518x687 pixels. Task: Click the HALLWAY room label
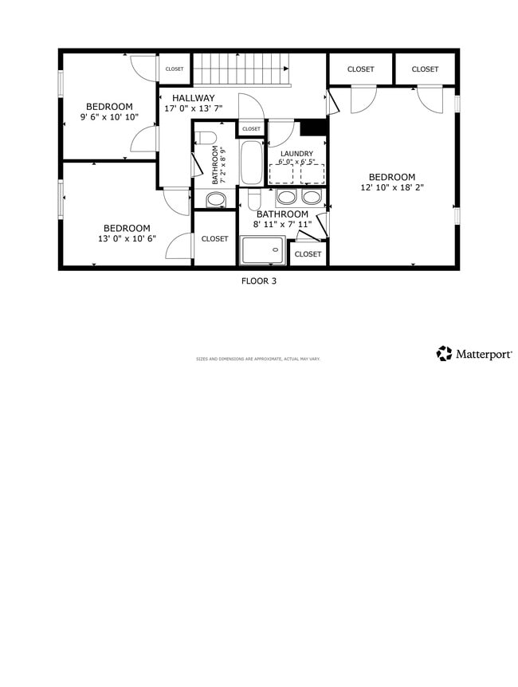click(x=194, y=98)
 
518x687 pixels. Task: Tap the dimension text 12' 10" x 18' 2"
click(x=391, y=189)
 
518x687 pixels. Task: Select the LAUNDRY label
click(x=296, y=153)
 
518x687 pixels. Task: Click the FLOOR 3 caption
click(x=259, y=281)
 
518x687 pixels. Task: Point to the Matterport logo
click(x=474, y=353)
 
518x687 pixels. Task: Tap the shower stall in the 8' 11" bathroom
click(x=263, y=250)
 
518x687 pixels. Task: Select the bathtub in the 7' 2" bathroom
click(x=250, y=163)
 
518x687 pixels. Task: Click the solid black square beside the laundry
click(x=313, y=128)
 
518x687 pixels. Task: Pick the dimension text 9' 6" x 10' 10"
click(x=109, y=117)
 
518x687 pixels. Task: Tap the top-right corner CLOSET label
click(x=425, y=69)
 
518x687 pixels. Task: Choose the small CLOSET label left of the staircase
click(x=175, y=69)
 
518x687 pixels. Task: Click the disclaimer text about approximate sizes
click(x=258, y=359)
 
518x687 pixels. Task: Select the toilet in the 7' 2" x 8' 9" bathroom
click(x=205, y=135)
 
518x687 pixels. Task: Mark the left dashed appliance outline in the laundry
click(x=281, y=174)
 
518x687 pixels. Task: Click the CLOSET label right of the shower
click(x=308, y=254)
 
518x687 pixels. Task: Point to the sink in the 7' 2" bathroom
click(x=215, y=199)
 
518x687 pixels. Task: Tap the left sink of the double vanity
click(x=287, y=197)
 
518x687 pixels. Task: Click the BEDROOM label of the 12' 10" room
click(x=391, y=177)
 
